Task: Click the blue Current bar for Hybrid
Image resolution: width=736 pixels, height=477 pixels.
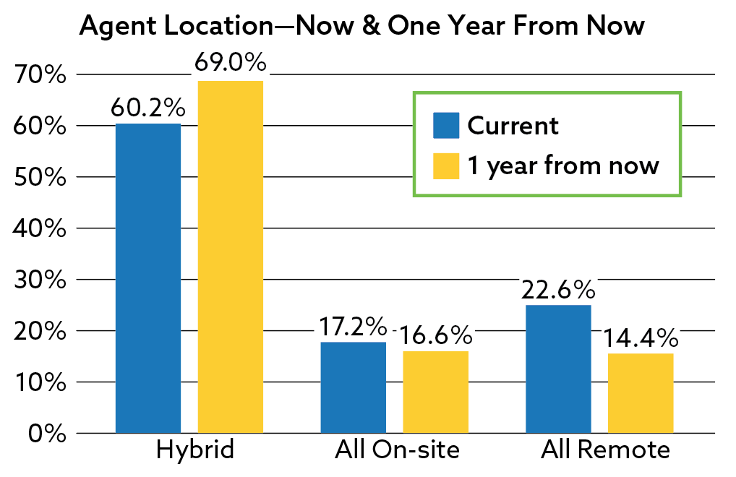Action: tap(148, 278)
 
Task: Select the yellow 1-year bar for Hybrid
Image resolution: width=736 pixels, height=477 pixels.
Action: tap(231, 257)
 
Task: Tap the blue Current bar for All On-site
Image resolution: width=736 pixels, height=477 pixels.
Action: tap(354, 387)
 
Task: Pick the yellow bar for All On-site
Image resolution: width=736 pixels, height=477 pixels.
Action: tap(435, 392)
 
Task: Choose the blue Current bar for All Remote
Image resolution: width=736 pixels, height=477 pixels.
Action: tap(559, 369)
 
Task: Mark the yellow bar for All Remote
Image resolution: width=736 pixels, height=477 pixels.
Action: tap(641, 393)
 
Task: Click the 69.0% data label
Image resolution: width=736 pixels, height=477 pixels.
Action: tap(231, 62)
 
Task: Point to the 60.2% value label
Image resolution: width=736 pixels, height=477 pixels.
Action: tap(148, 108)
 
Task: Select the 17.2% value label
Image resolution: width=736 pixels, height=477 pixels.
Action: tap(353, 327)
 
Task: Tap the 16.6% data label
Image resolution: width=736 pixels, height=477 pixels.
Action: tap(435, 335)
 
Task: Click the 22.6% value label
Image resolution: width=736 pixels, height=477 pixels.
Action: tap(558, 290)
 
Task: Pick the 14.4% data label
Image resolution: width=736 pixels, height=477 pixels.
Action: tap(641, 338)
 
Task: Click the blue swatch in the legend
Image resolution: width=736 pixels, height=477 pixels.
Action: tap(446, 125)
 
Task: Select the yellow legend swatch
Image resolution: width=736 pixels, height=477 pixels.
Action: tap(446, 166)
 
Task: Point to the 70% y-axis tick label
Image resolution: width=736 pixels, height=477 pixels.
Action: tap(40, 74)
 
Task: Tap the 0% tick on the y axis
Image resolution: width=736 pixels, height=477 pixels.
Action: tap(48, 434)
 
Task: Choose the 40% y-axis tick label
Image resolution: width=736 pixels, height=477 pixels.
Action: tap(40, 228)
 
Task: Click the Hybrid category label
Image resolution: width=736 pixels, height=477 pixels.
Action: tap(194, 450)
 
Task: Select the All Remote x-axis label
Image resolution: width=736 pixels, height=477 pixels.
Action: tap(606, 450)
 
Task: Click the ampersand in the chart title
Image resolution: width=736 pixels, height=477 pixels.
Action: tap(371, 25)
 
